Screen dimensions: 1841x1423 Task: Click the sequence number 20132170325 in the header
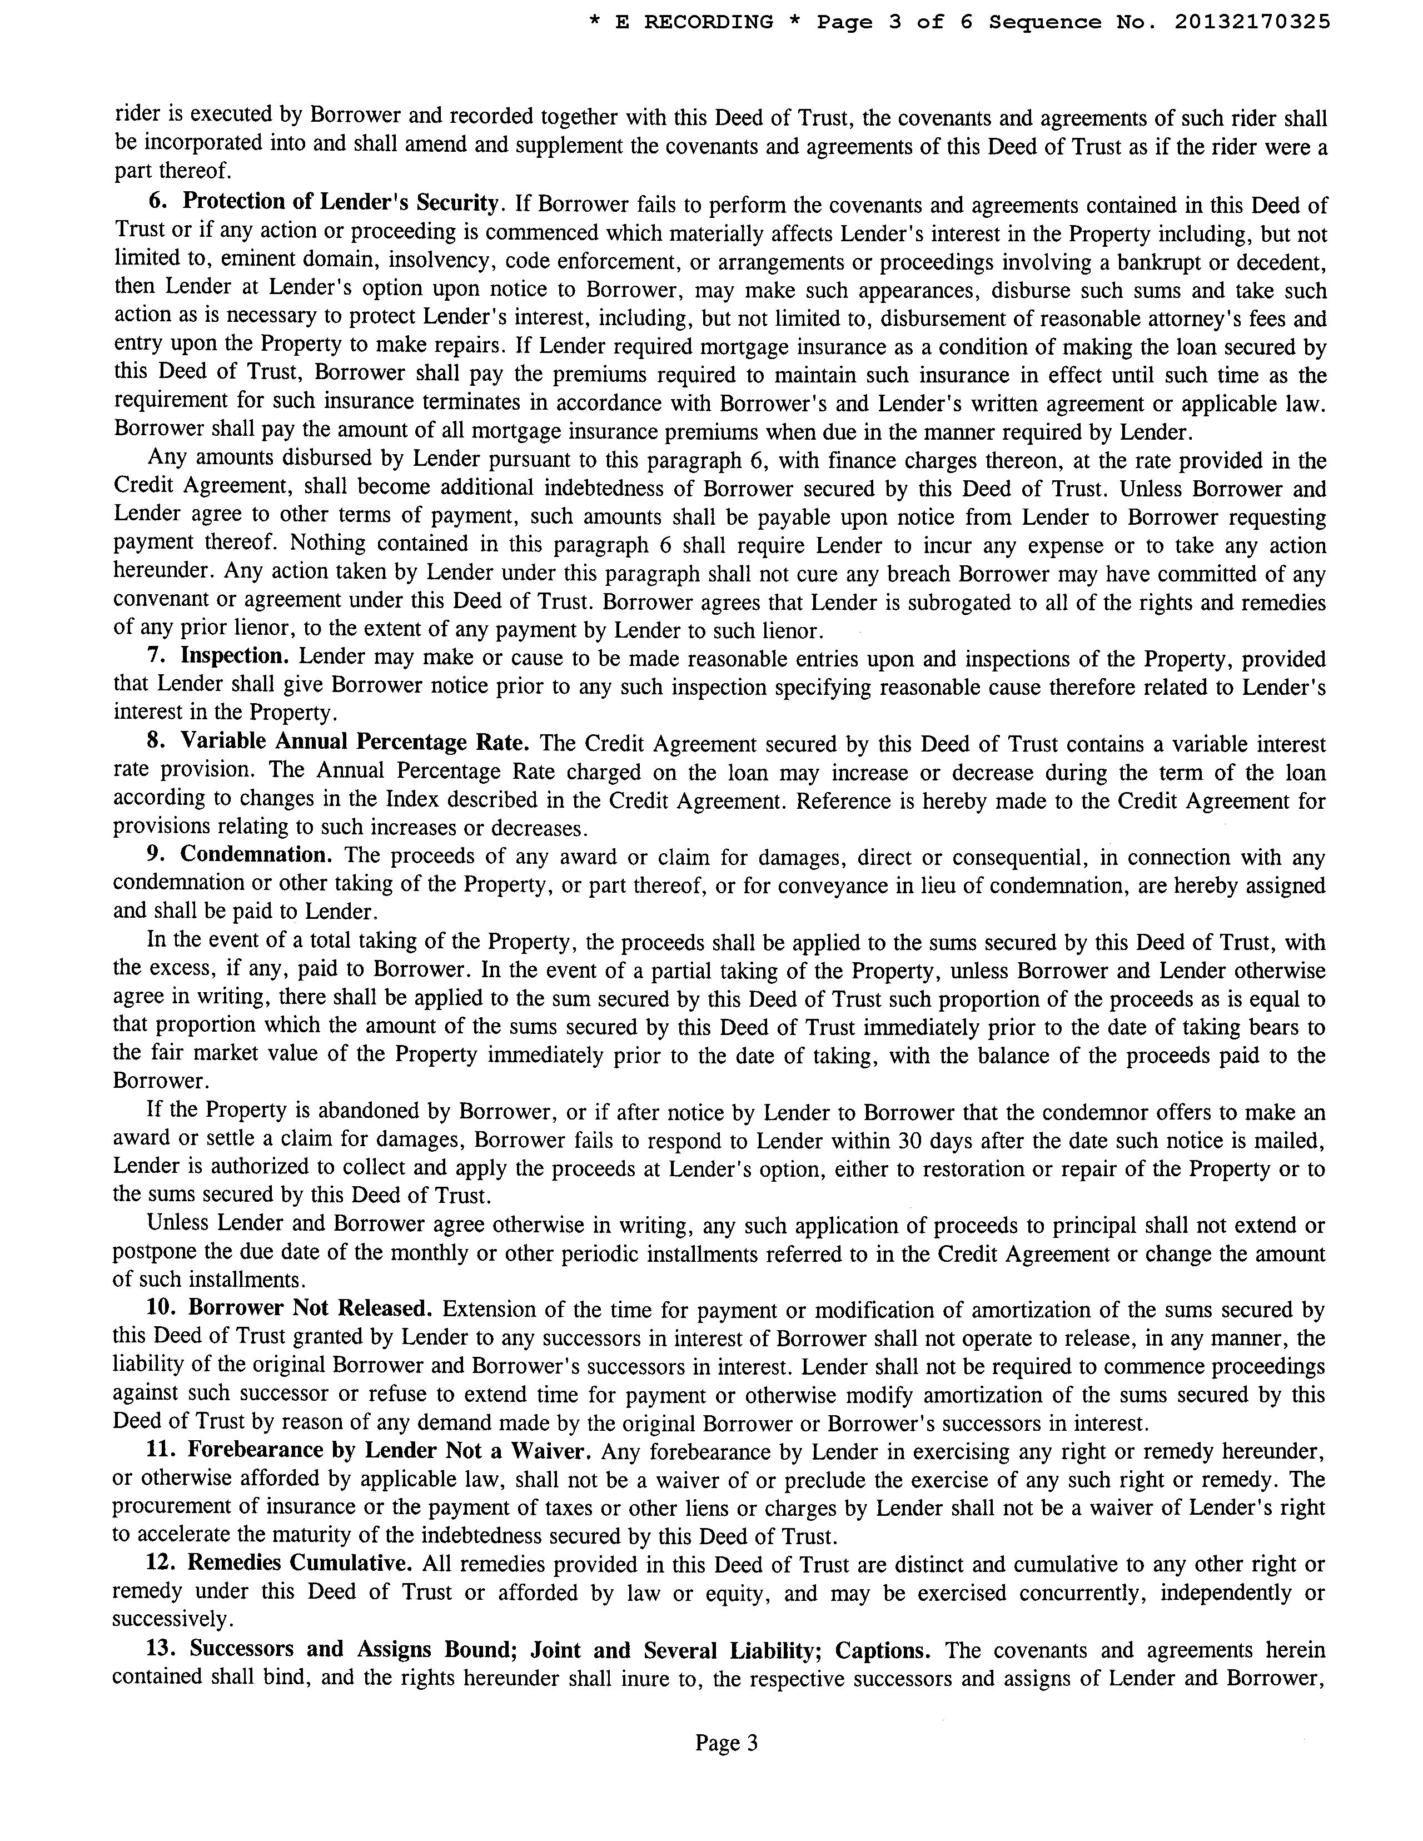click(x=1252, y=22)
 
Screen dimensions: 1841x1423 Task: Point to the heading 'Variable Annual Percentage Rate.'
click(x=355, y=742)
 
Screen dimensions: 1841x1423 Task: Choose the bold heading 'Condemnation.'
click(x=256, y=855)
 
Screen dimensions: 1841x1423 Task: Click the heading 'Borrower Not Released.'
click(x=310, y=1308)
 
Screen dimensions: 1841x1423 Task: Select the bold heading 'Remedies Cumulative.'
click(x=299, y=1563)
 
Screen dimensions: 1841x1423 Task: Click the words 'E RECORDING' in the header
click(x=694, y=22)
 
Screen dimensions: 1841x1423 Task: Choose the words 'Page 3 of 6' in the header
click(x=894, y=22)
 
